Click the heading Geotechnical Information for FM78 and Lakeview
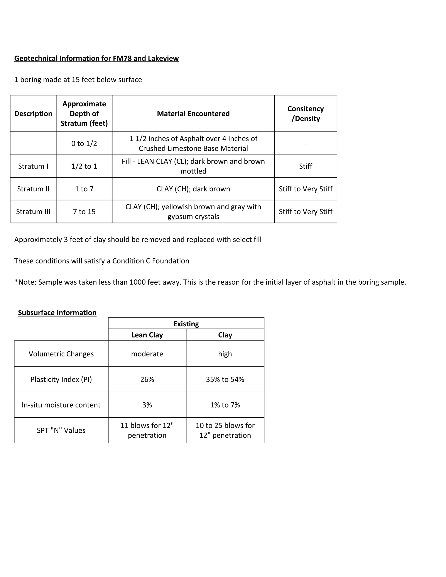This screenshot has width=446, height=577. pyautogui.click(x=96, y=58)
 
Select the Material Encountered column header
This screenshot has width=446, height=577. pyautogui.click(x=193, y=114)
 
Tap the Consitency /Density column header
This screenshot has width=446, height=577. pyautogui.click(x=306, y=114)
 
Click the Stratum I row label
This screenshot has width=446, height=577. pyautogui.click(x=33, y=166)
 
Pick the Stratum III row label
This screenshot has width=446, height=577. pyautogui.click(x=33, y=212)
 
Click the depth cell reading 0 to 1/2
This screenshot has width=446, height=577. pyautogui.click(x=84, y=143)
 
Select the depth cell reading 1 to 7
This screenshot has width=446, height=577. pyautogui.click(x=84, y=189)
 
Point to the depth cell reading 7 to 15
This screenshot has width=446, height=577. pyautogui.click(x=84, y=212)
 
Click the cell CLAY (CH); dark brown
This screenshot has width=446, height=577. pyautogui.click(x=193, y=189)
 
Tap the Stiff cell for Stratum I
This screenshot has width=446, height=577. pyautogui.click(x=306, y=166)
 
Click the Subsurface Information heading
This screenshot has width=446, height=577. pyautogui.click(x=57, y=312)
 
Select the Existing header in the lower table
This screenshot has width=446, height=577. pyautogui.click(x=186, y=324)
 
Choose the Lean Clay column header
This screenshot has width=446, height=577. pyautogui.click(x=147, y=335)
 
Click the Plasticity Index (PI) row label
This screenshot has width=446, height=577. pyautogui.click(x=61, y=379)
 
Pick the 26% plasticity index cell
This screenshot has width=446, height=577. pyautogui.click(x=147, y=379)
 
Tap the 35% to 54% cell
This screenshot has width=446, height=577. pyautogui.click(x=225, y=379)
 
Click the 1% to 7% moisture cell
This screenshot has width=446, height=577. pyautogui.click(x=225, y=405)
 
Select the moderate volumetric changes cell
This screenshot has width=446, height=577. pyautogui.click(x=147, y=354)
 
